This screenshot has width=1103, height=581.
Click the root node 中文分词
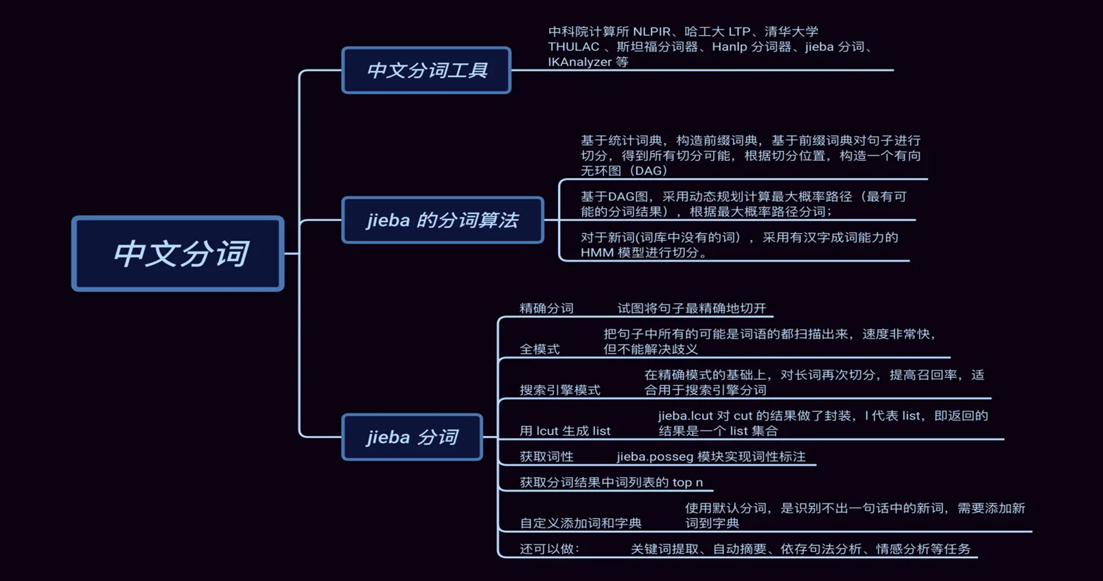point(178,253)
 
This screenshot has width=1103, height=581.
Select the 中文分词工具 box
point(426,70)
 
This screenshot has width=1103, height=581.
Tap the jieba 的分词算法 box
point(443,220)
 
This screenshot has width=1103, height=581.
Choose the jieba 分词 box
point(412,437)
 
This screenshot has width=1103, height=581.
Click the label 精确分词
point(546,308)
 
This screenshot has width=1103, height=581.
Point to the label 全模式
point(539,349)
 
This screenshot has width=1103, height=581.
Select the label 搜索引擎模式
point(560,390)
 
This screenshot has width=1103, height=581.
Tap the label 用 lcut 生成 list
point(565,431)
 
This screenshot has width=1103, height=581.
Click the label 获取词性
point(546,457)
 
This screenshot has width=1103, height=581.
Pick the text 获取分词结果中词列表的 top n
point(611,482)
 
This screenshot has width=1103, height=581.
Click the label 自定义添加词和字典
point(581,523)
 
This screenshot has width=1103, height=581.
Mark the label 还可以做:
point(550,549)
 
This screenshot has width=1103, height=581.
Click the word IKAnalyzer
point(579,62)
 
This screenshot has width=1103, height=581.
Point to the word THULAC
point(573,47)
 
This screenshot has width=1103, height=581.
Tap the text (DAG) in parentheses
point(648,170)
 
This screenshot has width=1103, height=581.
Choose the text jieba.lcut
point(685,415)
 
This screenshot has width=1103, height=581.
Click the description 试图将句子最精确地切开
point(691,308)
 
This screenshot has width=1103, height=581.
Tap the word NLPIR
point(651,32)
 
